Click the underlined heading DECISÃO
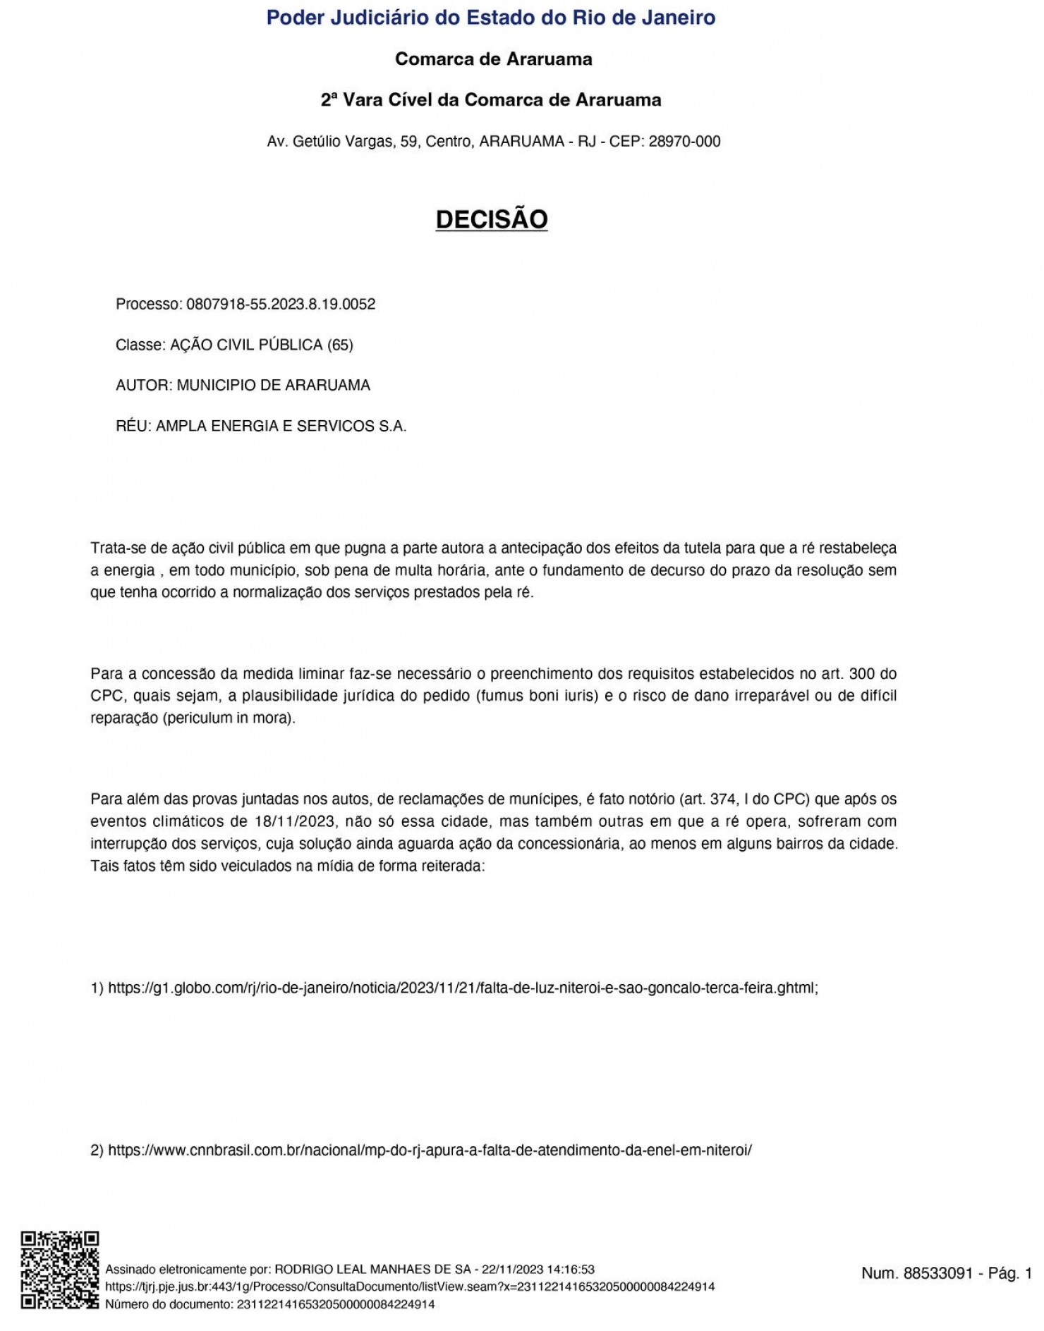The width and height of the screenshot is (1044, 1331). (x=492, y=219)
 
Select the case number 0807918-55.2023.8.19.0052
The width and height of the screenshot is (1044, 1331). (x=281, y=305)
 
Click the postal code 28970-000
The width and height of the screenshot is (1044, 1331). (x=684, y=142)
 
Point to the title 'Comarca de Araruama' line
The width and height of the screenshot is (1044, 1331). (x=493, y=59)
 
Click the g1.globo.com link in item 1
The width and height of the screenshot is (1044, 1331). (x=462, y=988)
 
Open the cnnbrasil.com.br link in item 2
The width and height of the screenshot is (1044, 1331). (x=430, y=1151)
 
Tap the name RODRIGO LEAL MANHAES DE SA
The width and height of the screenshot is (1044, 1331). (x=372, y=1270)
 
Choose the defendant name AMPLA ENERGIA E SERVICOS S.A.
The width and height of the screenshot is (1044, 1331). (x=281, y=427)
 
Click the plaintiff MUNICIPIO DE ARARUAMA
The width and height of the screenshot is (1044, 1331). (x=273, y=386)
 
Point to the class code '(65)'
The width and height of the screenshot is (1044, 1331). (x=340, y=345)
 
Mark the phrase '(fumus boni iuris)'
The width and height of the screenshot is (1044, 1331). (x=538, y=697)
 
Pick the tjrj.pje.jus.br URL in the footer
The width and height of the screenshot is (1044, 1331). (x=409, y=1287)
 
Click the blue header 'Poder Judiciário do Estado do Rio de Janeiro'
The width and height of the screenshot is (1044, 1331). (x=491, y=18)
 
